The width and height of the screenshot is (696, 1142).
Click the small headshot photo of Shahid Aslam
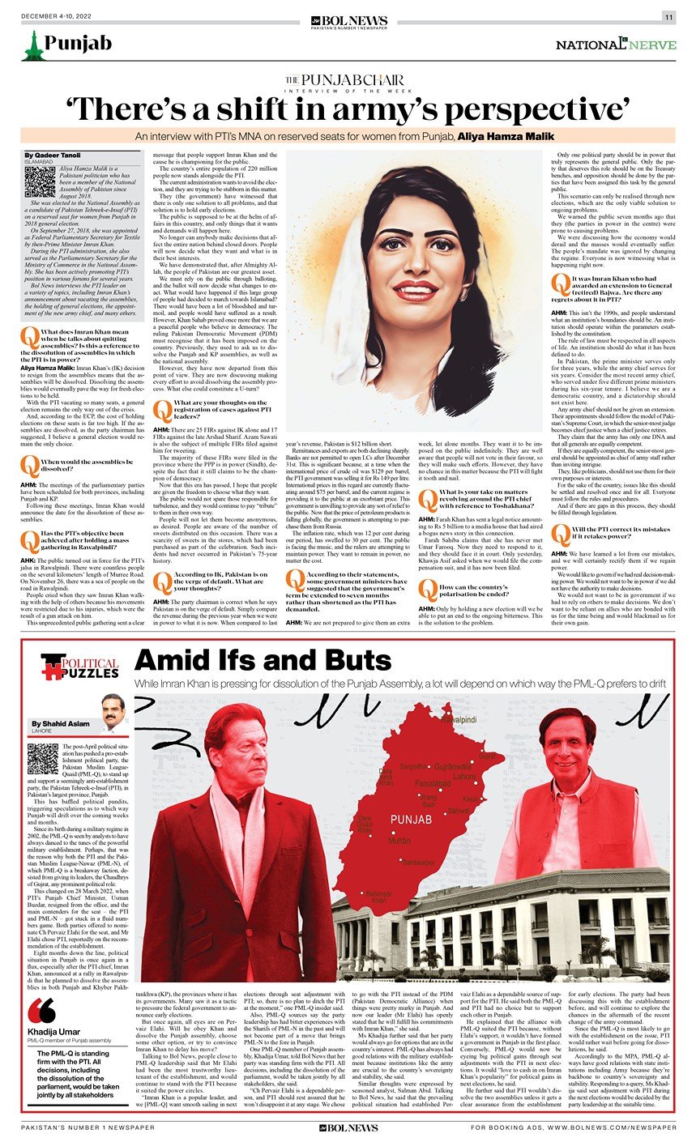click(113, 713)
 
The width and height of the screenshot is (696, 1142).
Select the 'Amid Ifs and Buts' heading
click(263, 660)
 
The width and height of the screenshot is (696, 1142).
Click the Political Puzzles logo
click(80, 667)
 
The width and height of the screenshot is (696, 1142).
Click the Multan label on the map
click(399, 842)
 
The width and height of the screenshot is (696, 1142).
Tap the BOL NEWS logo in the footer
click(348, 1127)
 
